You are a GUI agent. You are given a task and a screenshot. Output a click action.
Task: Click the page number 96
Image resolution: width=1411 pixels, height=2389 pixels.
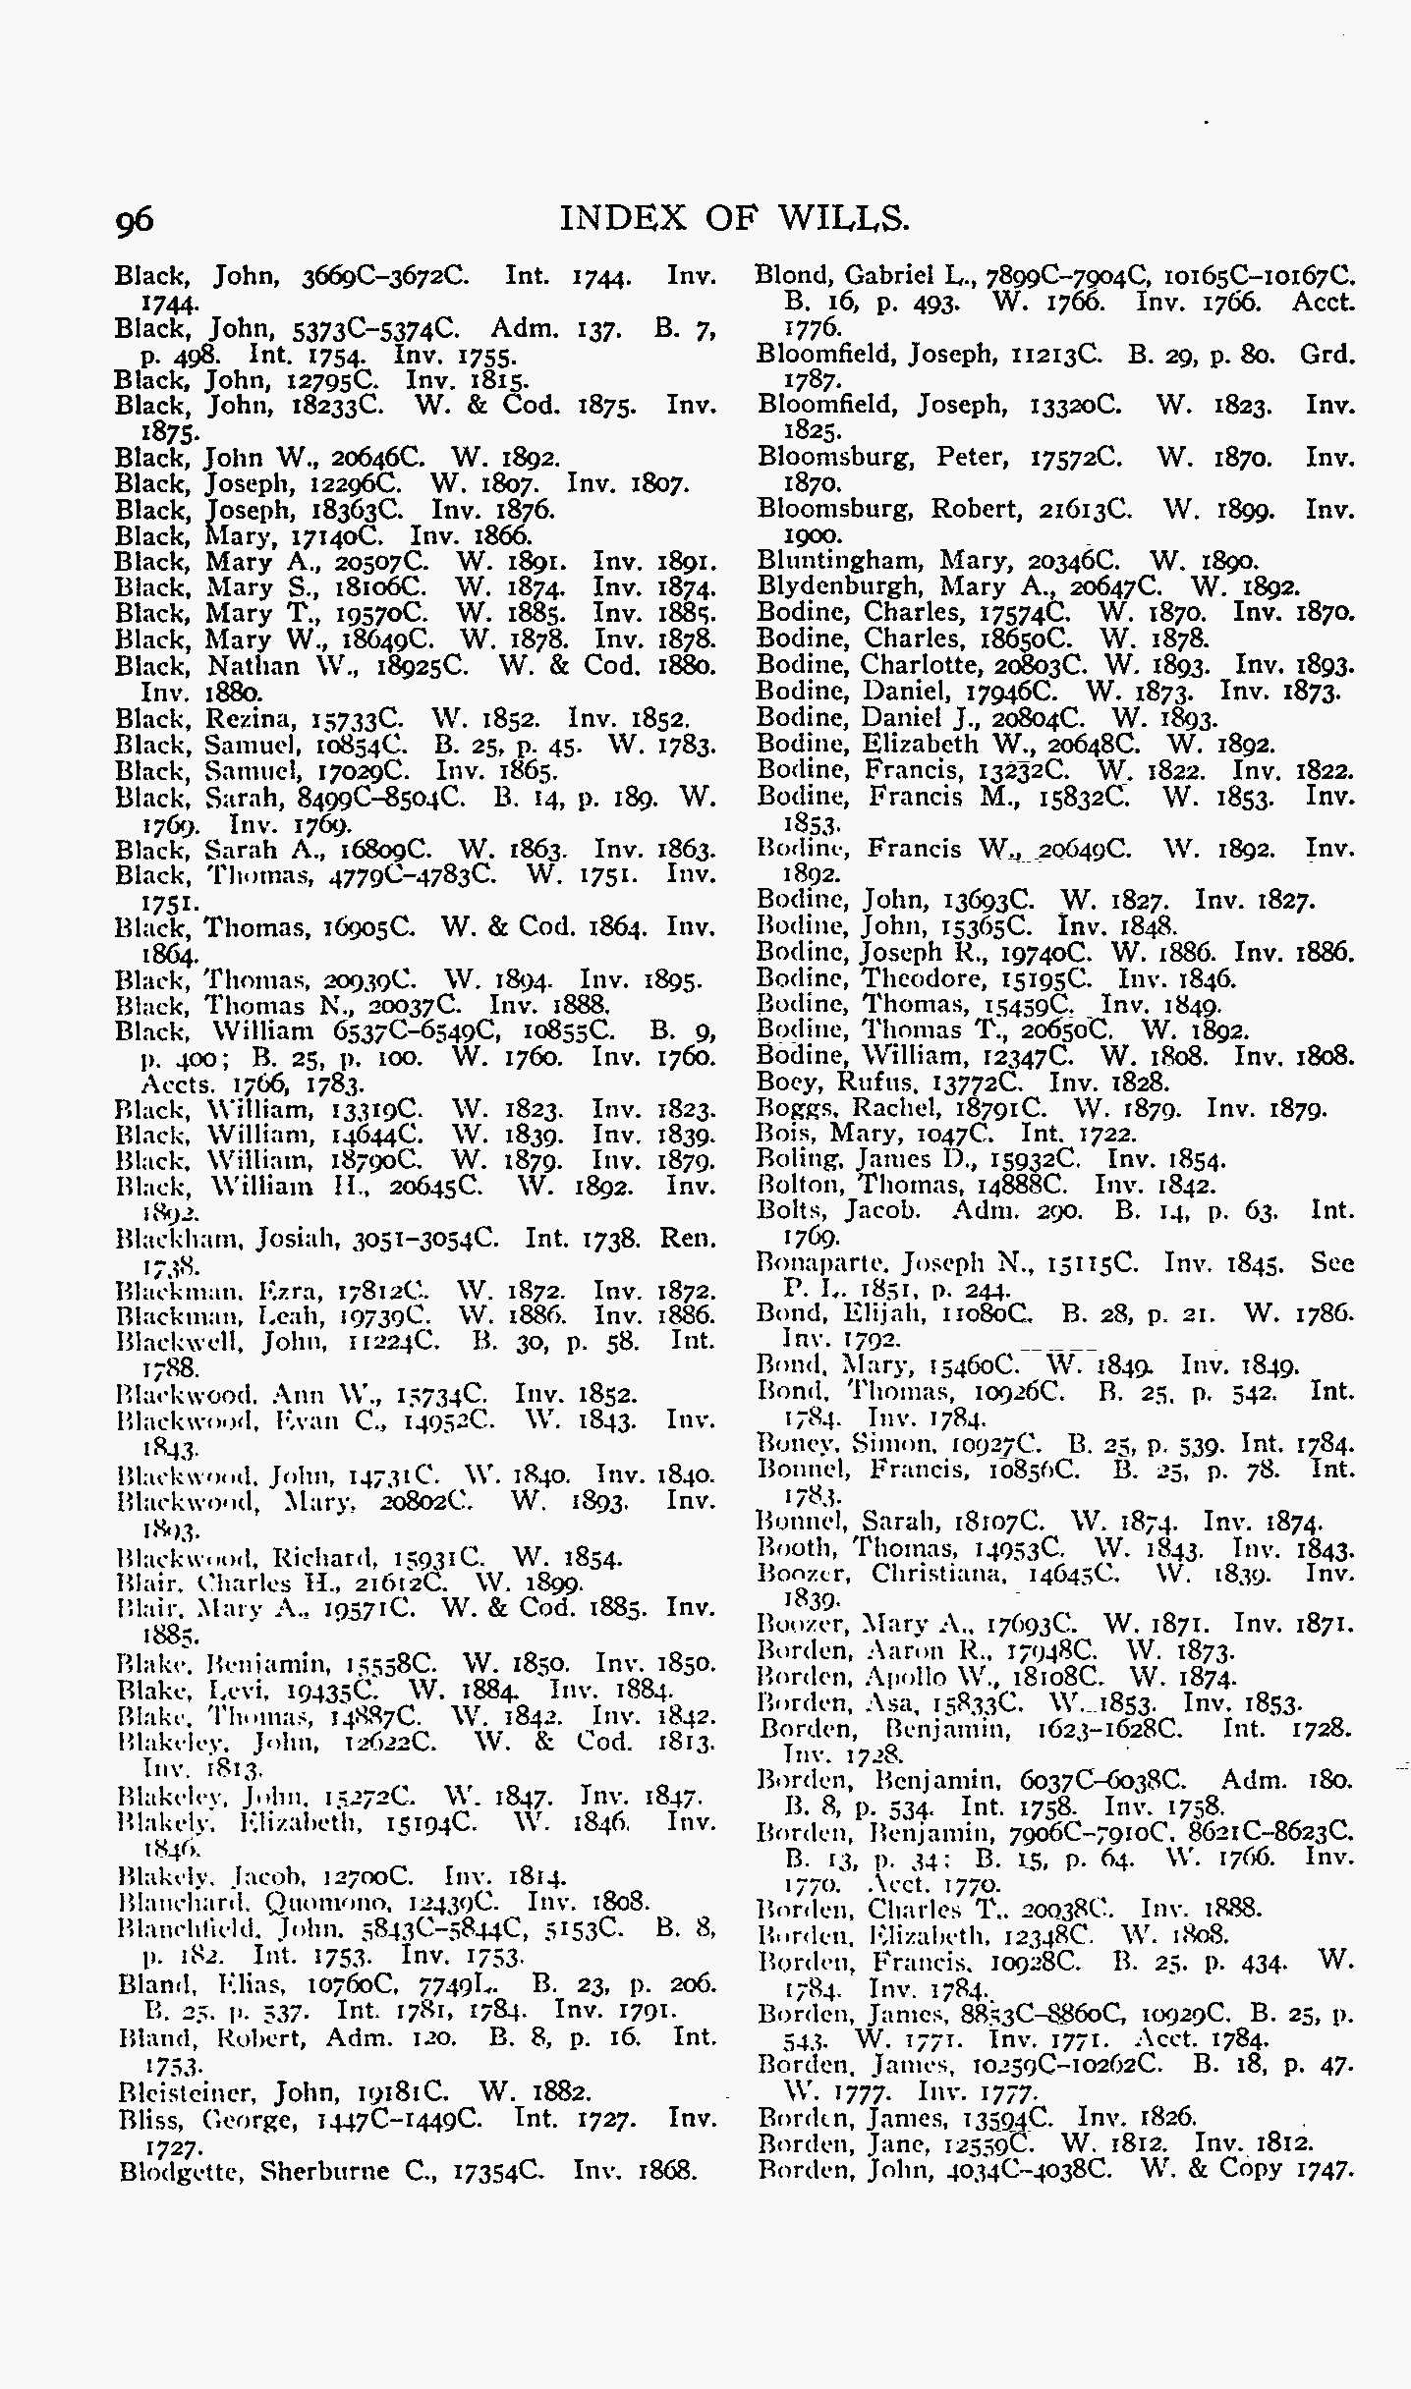click(x=135, y=220)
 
